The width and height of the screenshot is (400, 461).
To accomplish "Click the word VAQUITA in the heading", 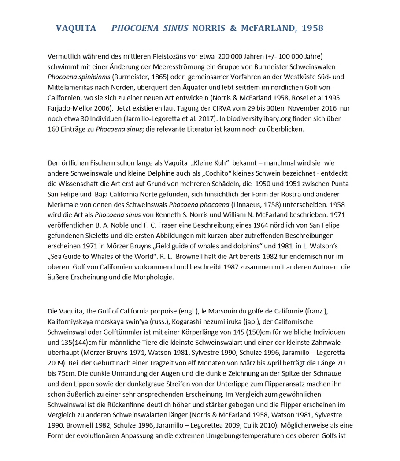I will [76, 28].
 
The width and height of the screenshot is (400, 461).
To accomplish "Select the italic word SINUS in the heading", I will [175, 28].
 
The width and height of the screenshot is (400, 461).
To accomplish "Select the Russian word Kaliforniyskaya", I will [71, 321].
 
